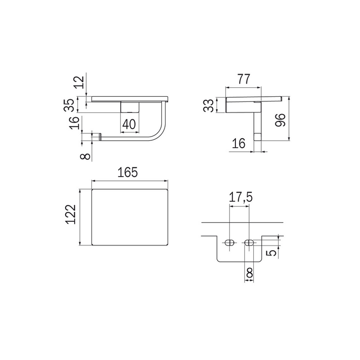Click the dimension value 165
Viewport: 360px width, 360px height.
[128, 172]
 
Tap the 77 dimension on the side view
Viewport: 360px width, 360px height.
[242, 79]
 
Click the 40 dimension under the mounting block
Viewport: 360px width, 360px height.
[130, 124]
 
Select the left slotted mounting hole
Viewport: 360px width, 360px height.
[230, 243]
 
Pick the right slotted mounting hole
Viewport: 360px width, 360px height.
[250, 243]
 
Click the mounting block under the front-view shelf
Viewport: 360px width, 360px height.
[130, 107]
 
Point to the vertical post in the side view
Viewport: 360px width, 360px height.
[258, 125]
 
